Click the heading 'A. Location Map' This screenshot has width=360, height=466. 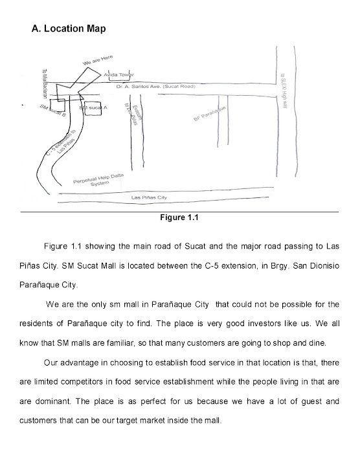click(x=69, y=30)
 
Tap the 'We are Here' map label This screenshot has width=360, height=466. click(x=98, y=60)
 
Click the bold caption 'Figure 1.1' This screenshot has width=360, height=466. click(x=179, y=217)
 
